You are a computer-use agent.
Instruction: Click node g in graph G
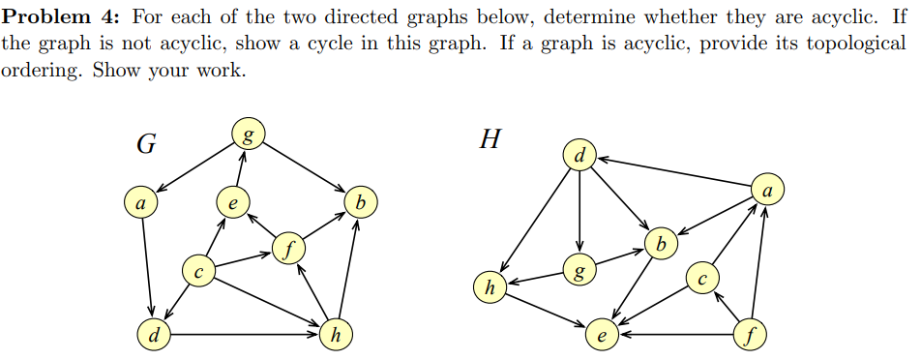[246, 133]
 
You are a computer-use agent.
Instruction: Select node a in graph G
[140, 203]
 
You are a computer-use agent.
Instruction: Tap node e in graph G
[231, 203]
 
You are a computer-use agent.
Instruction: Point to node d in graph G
[154, 336]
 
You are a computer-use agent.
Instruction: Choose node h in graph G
[335, 336]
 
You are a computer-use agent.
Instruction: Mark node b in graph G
[360, 203]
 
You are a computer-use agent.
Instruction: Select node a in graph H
[767, 191]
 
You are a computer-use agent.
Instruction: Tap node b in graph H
[661, 244]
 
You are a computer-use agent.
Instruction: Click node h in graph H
[490, 287]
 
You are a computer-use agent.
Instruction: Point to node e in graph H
[603, 337]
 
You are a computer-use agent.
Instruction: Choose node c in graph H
[702, 279]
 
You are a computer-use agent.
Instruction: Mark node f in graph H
[751, 337]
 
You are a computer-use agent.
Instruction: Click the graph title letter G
[146, 144]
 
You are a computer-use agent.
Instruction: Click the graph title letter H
[490, 140]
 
